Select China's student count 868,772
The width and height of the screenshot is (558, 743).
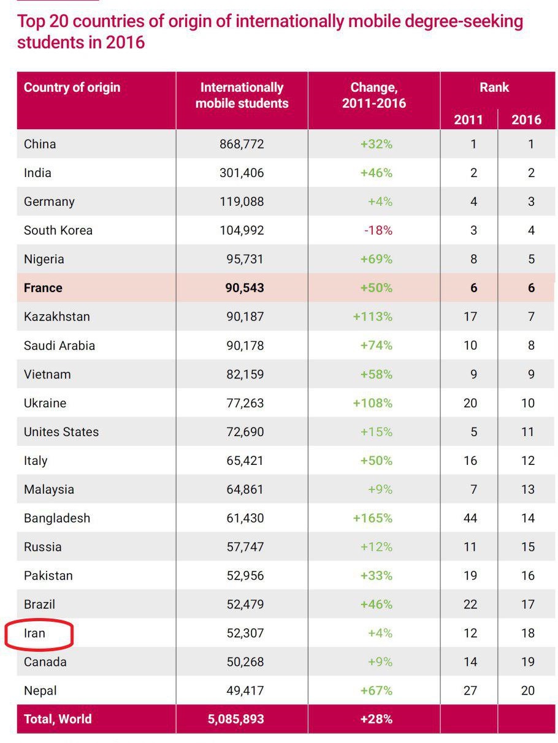(x=242, y=144)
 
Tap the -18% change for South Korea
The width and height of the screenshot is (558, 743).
(x=378, y=230)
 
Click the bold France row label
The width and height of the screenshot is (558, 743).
(x=43, y=288)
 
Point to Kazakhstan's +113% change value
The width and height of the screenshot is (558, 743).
(x=373, y=317)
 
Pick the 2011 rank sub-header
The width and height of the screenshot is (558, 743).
(x=468, y=120)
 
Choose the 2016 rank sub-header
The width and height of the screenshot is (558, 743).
(x=526, y=120)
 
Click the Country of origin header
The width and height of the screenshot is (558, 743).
(x=72, y=88)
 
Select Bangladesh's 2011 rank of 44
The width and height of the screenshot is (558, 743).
(x=470, y=518)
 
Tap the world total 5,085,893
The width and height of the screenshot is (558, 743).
(x=236, y=718)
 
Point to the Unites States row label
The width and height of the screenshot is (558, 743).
(x=61, y=432)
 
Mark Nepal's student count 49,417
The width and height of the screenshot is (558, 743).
(x=245, y=690)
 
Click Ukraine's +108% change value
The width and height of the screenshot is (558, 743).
(x=373, y=403)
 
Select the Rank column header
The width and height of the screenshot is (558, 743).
(x=494, y=88)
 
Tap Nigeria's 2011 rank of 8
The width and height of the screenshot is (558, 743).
(x=473, y=259)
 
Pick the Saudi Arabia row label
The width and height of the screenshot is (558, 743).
(x=59, y=345)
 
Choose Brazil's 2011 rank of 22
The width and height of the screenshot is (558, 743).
(x=470, y=605)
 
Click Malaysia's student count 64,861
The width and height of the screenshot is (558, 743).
(x=245, y=489)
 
